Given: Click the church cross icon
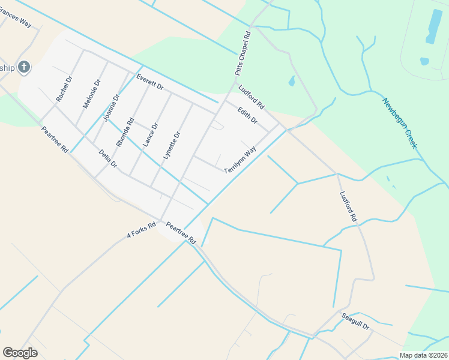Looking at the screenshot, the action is point(23,67).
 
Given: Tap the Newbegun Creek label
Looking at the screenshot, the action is point(403,124).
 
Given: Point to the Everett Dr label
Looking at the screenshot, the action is point(149,82).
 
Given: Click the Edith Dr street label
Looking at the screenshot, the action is point(247,116).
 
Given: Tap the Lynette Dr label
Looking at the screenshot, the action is point(171,146).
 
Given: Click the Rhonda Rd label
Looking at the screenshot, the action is point(125,132).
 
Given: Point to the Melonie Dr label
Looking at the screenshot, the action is point(91,94).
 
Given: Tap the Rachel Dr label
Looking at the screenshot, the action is point(64,88).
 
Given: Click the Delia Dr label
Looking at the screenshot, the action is point(108,159).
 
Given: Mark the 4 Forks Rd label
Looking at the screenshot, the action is point(141,230).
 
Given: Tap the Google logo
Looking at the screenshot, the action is point(20,353).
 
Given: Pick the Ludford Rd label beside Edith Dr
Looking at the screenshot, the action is point(251,97).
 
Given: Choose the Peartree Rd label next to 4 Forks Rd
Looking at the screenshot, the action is point(181,233).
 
